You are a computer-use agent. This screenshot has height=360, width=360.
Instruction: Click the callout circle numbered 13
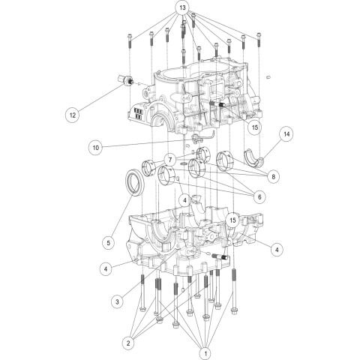tap(181, 8)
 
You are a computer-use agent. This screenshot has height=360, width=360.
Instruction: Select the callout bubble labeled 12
tap(73, 115)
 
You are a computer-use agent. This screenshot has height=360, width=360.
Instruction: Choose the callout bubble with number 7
tap(170, 160)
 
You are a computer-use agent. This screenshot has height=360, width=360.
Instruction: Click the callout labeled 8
tap(273, 175)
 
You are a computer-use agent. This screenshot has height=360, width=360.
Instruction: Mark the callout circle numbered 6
tap(259, 196)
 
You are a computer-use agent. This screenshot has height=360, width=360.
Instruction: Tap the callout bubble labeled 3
tap(117, 301)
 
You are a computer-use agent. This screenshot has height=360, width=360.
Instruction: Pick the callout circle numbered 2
tap(129, 343)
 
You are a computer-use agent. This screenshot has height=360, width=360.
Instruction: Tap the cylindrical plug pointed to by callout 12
tap(124, 80)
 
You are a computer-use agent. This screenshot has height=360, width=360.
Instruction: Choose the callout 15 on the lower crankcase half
tap(232, 220)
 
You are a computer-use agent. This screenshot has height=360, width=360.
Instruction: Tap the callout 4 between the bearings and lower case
tap(183, 200)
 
